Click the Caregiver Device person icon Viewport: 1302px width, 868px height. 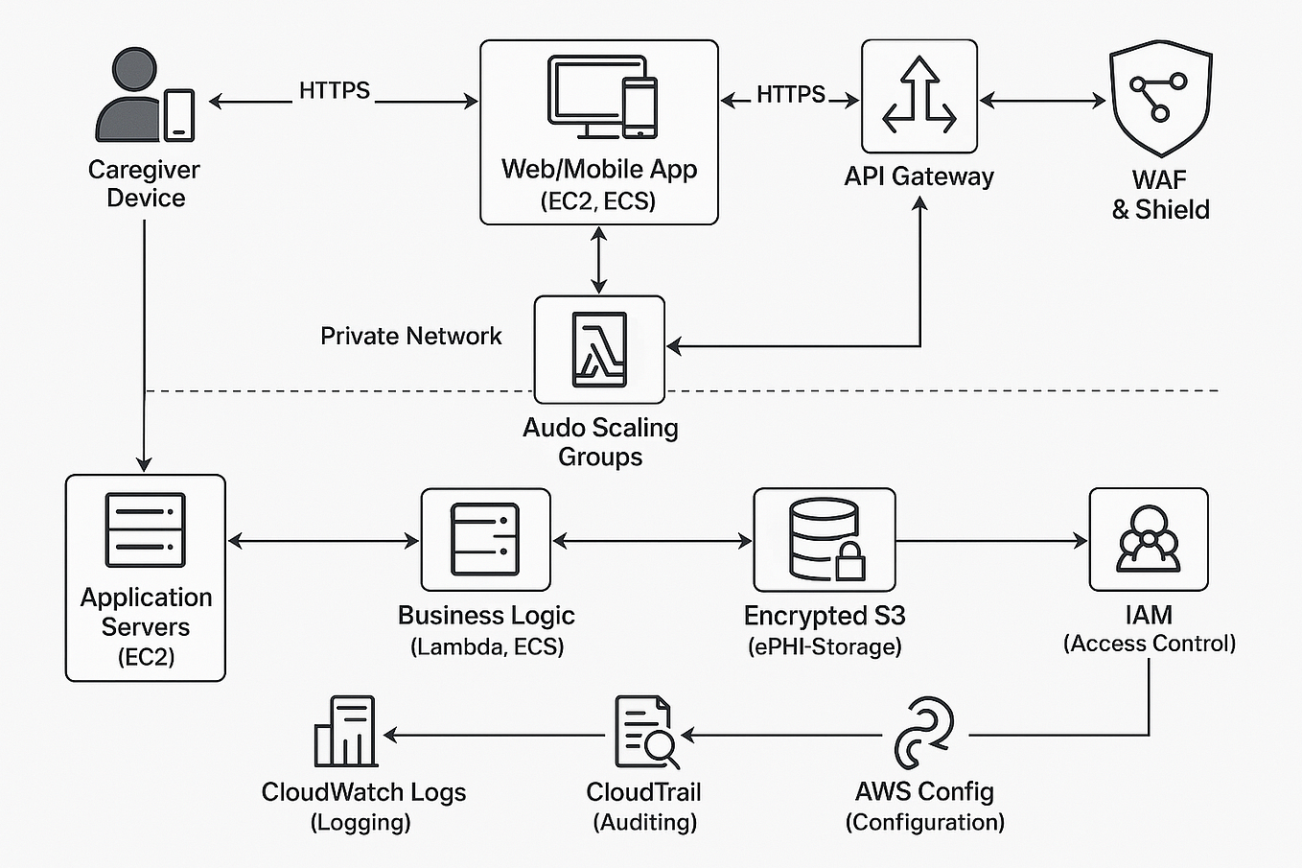click(x=134, y=96)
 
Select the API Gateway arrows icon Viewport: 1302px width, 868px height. click(x=919, y=96)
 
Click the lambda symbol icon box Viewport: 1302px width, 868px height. click(x=599, y=349)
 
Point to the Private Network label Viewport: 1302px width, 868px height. click(x=410, y=336)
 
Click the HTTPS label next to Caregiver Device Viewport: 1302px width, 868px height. click(x=334, y=90)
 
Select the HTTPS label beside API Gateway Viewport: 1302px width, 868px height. click(x=790, y=94)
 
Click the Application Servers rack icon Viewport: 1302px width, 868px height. click(x=145, y=529)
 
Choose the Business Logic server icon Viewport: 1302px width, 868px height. click(x=485, y=539)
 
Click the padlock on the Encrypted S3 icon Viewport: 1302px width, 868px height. click(x=849, y=564)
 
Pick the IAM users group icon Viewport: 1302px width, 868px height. click(x=1148, y=539)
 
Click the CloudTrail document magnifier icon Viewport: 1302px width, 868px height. click(x=645, y=733)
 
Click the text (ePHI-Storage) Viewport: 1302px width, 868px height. click(x=825, y=646)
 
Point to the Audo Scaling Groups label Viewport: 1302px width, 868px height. click(x=600, y=441)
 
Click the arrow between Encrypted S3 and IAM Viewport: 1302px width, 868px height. click(x=991, y=542)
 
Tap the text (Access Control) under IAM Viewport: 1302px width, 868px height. click(x=1149, y=644)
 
